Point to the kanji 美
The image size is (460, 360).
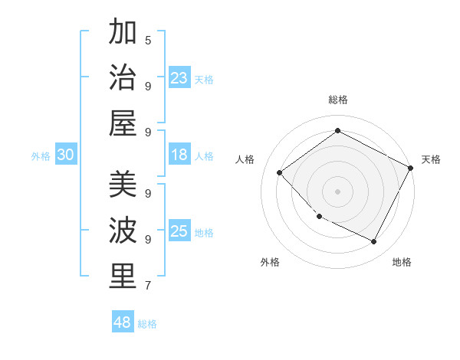123,185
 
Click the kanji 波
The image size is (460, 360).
123,231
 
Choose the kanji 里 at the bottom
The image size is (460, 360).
123,277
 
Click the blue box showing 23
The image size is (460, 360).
179,77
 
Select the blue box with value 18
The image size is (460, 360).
179,155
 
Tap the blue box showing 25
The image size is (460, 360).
179,231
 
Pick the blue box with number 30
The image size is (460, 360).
66,155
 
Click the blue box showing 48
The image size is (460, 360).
123,322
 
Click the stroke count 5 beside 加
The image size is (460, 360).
148,40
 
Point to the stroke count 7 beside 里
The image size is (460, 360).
148,286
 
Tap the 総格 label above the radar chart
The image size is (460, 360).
337,100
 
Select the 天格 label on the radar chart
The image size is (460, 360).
431,159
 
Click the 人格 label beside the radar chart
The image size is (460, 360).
245,159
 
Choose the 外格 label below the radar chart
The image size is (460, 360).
270,262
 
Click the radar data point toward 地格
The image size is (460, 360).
373,242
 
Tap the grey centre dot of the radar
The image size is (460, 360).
337,191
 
